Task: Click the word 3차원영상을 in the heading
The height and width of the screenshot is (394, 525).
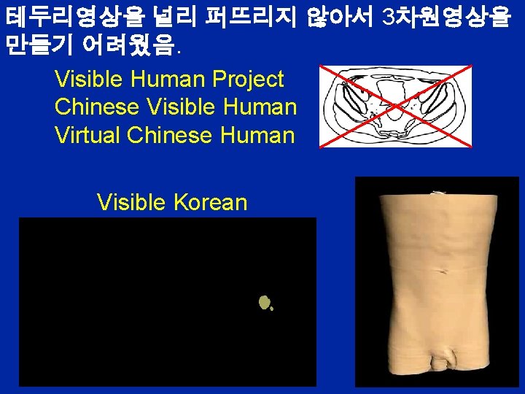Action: tap(446, 18)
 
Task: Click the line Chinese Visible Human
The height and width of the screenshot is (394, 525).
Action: tap(176, 107)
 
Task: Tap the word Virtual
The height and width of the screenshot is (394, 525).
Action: tap(87, 136)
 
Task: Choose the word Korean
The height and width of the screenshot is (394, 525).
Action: tap(211, 202)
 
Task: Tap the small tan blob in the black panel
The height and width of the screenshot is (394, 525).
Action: tap(265, 302)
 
